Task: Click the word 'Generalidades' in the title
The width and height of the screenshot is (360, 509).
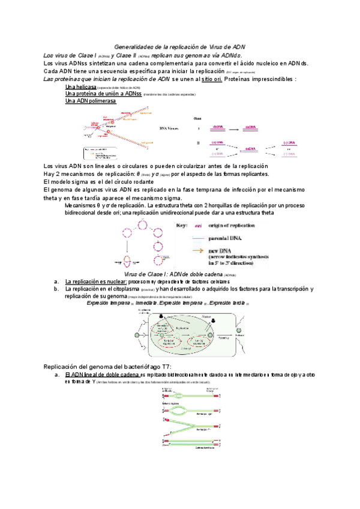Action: pos(134,46)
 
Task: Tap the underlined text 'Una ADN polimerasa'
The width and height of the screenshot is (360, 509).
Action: pos(90,101)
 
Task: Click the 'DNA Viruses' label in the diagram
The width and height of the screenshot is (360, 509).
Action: pos(170,127)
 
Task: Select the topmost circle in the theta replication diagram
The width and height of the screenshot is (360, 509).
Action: pos(143,223)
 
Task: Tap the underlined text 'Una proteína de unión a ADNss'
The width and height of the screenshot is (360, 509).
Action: pos(103,94)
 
